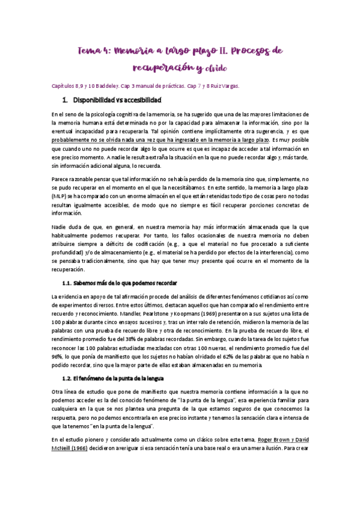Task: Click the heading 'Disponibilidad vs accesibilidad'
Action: (116, 100)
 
